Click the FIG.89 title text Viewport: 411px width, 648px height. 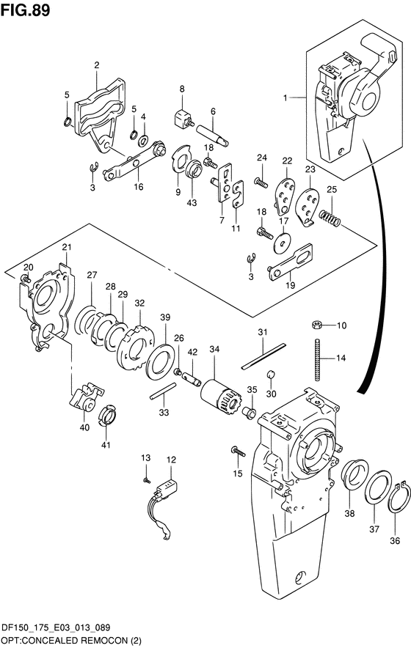[x=25, y=10]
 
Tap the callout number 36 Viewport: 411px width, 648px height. [x=395, y=540]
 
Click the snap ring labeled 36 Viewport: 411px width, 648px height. [x=399, y=498]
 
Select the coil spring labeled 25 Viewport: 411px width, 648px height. [x=330, y=217]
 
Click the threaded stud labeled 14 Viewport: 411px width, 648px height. [x=319, y=358]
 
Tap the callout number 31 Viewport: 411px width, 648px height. [x=263, y=332]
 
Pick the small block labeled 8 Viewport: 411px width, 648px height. [x=183, y=119]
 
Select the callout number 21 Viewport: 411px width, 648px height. [x=67, y=247]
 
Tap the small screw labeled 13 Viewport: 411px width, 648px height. [x=146, y=480]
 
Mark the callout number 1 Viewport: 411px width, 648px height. [x=285, y=98]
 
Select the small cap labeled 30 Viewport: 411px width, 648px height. [x=270, y=375]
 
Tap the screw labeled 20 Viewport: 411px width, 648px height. [x=26, y=279]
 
